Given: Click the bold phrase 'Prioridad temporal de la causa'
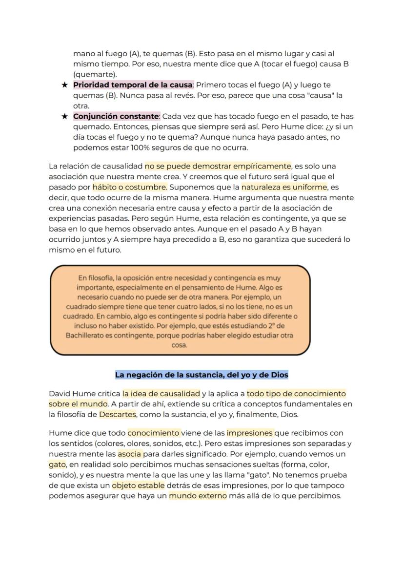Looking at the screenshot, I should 133,85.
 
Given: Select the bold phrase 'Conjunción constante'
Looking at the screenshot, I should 116,116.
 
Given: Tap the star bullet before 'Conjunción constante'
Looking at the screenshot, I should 64,117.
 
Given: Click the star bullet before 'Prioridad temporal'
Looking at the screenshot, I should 64,85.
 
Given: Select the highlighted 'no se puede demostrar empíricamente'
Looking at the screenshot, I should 218,166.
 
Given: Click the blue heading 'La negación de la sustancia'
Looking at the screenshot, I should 202,375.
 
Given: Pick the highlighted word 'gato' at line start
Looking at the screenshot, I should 58,464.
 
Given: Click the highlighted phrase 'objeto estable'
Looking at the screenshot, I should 138,486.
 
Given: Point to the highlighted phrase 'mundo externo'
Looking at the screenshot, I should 198,496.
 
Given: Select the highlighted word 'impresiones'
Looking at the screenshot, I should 250,433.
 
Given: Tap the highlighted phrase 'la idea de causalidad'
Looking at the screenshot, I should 162,393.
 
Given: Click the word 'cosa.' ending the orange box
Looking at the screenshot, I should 180,345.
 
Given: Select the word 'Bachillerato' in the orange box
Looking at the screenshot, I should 87,336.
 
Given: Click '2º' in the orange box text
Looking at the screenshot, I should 268,326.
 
